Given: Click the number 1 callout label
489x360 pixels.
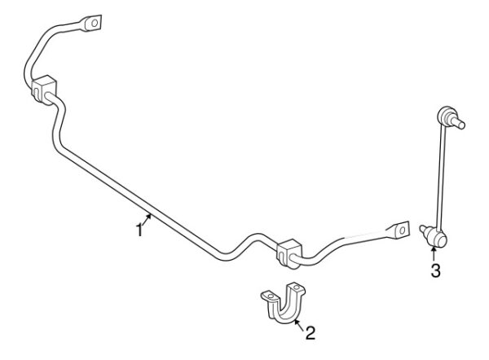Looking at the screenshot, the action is coord(139,230).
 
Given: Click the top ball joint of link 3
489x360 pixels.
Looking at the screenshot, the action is coord(447,115).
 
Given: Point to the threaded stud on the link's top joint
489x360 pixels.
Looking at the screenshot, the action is coord(460,125).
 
